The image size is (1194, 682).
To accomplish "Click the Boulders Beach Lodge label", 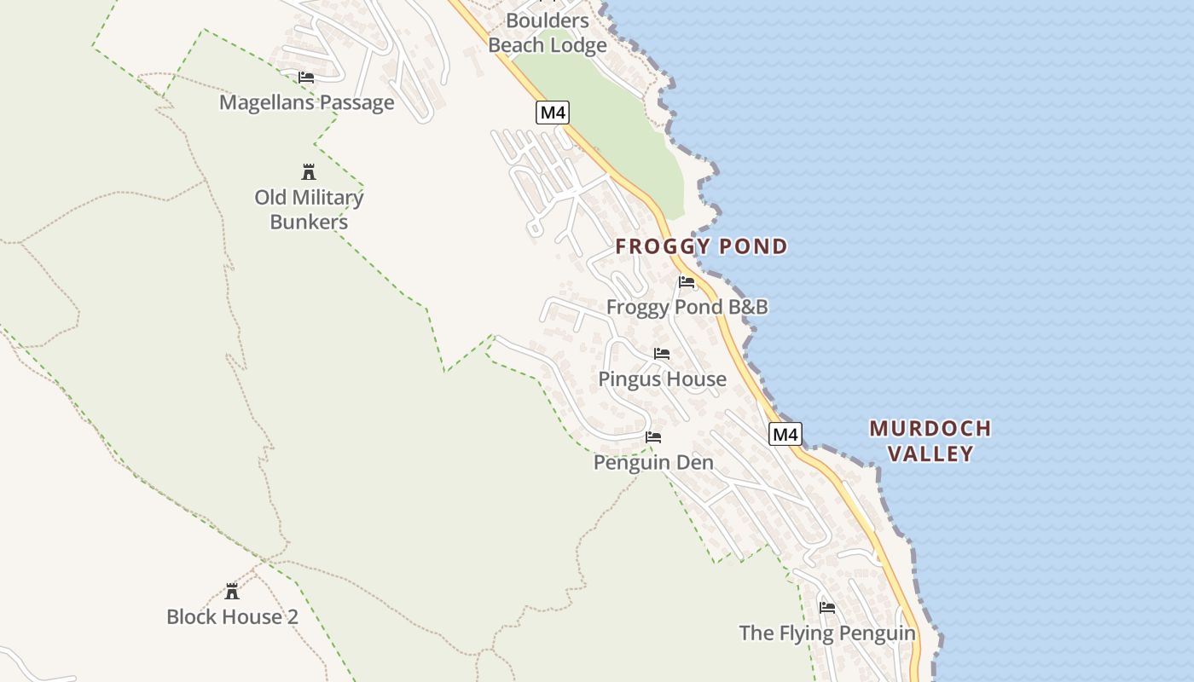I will [548, 32].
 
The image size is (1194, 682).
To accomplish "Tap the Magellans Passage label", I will [307, 103].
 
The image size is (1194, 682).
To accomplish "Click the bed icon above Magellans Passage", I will [306, 78].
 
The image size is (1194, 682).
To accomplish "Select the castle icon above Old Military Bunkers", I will [309, 172].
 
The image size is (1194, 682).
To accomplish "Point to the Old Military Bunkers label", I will [309, 210].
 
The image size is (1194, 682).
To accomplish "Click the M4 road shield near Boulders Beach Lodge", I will [553, 113].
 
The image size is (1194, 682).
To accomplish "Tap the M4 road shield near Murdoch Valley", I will [785, 435].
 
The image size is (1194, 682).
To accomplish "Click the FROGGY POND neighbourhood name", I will [702, 247].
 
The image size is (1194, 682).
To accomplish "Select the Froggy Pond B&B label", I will [687, 307].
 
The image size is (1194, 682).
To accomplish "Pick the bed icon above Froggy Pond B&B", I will [687, 282].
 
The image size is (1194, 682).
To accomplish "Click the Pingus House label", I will [663, 379].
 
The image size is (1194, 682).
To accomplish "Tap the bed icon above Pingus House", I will [662, 354].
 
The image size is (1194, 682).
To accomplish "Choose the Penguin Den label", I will [653, 463].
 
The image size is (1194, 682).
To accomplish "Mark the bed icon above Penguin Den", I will [653, 437].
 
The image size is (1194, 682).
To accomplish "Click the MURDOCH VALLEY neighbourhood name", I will [930, 441].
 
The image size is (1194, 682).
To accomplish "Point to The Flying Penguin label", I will [827, 633].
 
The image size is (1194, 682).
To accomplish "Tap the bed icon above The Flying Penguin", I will [827, 608].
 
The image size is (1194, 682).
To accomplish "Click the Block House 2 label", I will [233, 617].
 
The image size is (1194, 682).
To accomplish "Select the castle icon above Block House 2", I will [232, 591].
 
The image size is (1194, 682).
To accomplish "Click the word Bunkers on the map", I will [309, 223].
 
